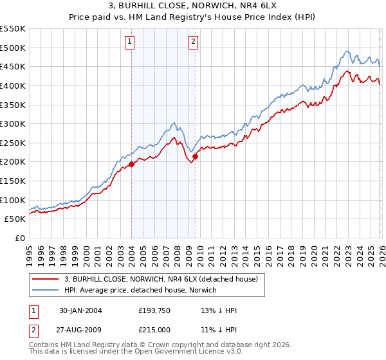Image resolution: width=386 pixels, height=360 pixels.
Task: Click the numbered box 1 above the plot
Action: coord(129,42)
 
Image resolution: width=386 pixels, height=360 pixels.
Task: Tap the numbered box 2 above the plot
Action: coord(193,42)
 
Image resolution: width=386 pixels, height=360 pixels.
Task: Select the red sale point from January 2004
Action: coord(131,164)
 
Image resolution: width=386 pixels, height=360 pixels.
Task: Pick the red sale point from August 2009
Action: coord(195,156)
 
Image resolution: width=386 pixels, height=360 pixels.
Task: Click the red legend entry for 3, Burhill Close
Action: coord(161,279)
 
